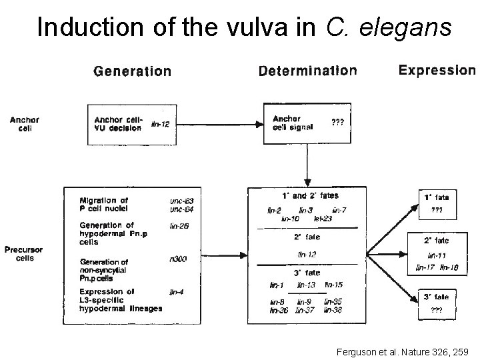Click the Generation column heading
(x=132, y=71)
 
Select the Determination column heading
(x=307, y=71)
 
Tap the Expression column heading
(x=437, y=70)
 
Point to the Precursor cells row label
(x=25, y=254)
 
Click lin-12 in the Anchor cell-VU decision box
(x=161, y=123)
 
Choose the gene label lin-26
(x=179, y=226)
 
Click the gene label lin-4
(x=177, y=291)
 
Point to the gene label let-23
(x=323, y=218)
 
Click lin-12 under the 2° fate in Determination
(x=307, y=254)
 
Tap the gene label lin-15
(x=333, y=285)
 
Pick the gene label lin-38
(x=333, y=311)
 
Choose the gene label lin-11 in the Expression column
(x=437, y=255)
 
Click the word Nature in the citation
(x=407, y=351)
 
